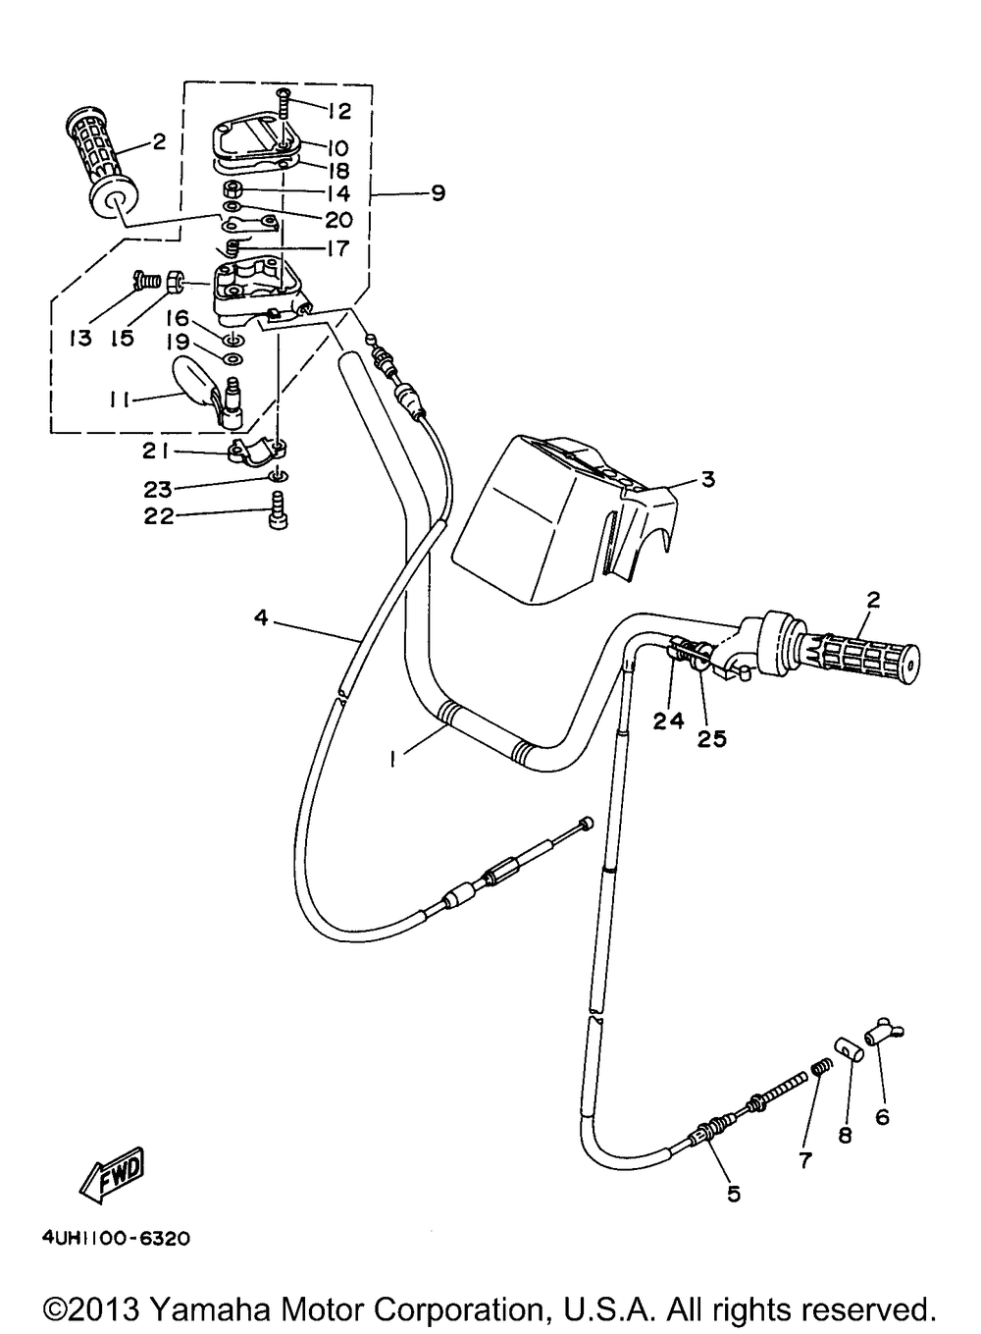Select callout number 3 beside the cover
707,480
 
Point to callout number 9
438,192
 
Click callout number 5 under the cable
733,1194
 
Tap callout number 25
712,738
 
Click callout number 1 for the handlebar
392,757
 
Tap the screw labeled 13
146,281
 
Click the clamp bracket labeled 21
254,452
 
